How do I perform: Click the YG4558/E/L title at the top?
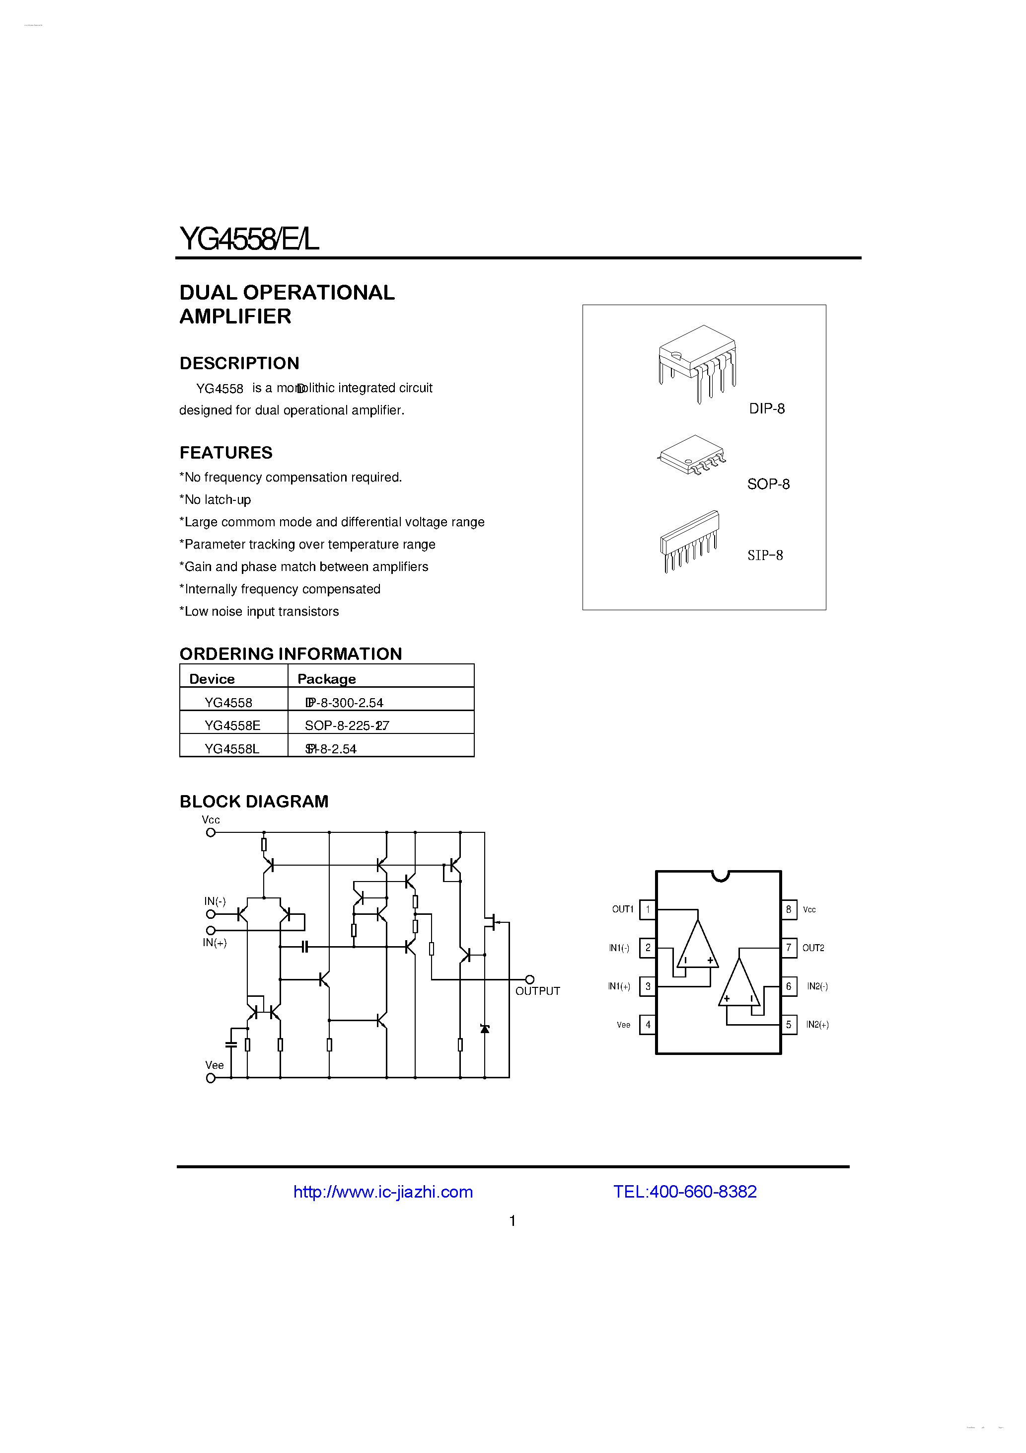(249, 239)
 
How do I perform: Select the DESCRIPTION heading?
(239, 363)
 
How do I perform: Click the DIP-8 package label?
(767, 409)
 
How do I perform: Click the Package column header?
(326, 679)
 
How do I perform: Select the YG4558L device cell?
(231, 749)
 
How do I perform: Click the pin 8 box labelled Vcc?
(788, 909)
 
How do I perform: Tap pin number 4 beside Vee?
(648, 1025)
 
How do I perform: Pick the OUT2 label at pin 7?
(813, 948)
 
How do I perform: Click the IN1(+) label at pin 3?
(619, 986)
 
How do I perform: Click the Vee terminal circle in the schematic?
(211, 1078)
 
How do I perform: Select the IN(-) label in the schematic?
(215, 901)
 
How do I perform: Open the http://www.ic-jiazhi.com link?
(383, 1192)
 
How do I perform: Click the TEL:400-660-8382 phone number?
(684, 1192)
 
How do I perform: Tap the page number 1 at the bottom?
(513, 1221)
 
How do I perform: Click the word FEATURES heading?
(226, 453)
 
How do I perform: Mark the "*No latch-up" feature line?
(215, 500)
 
